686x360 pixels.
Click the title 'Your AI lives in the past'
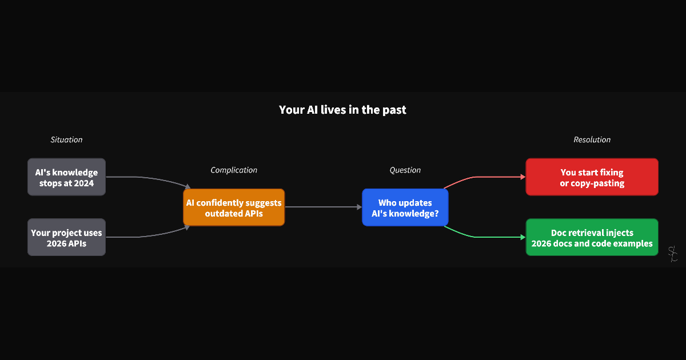(x=342, y=110)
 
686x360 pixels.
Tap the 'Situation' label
(x=66, y=139)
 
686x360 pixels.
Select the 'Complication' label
(x=234, y=170)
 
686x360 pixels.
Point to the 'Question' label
(x=405, y=170)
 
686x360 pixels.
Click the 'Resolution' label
(x=592, y=139)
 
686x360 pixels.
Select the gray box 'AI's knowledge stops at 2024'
(x=66, y=177)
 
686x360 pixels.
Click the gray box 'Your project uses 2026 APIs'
(x=66, y=238)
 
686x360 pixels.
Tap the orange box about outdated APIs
(x=234, y=207)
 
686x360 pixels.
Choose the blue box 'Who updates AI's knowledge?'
(x=405, y=207)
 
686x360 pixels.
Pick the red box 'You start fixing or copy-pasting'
(x=592, y=177)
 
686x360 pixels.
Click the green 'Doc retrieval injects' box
(x=592, y=238)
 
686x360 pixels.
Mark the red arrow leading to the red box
(x=486, y=177)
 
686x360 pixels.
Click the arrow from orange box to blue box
(x=323, y=207)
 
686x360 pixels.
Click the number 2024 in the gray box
(x=83, y=183)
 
